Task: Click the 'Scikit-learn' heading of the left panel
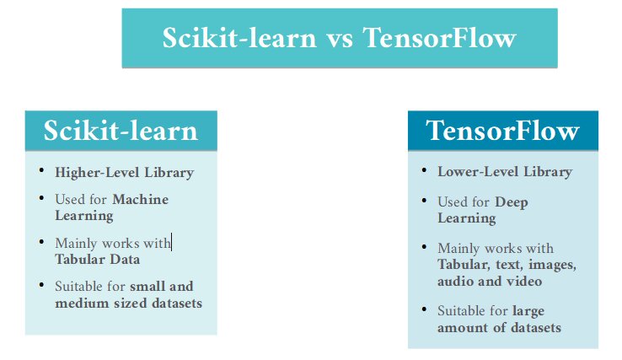pos(121,131)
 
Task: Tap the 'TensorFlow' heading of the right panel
pos(502,131)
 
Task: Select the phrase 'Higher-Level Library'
pos(124,173)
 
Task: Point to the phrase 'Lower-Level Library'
pos(504,172)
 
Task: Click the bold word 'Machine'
pos(141,199)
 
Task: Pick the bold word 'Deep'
pos(512,202)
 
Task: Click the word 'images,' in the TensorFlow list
pos(548,265)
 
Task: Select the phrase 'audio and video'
pos(489,281)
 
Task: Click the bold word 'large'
pos(528,311)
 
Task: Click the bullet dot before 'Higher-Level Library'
pos(42,171)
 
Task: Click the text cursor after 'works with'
pos(172,243)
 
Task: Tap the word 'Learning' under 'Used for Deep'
pos(466,218)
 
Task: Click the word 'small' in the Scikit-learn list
pos(149,287)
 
